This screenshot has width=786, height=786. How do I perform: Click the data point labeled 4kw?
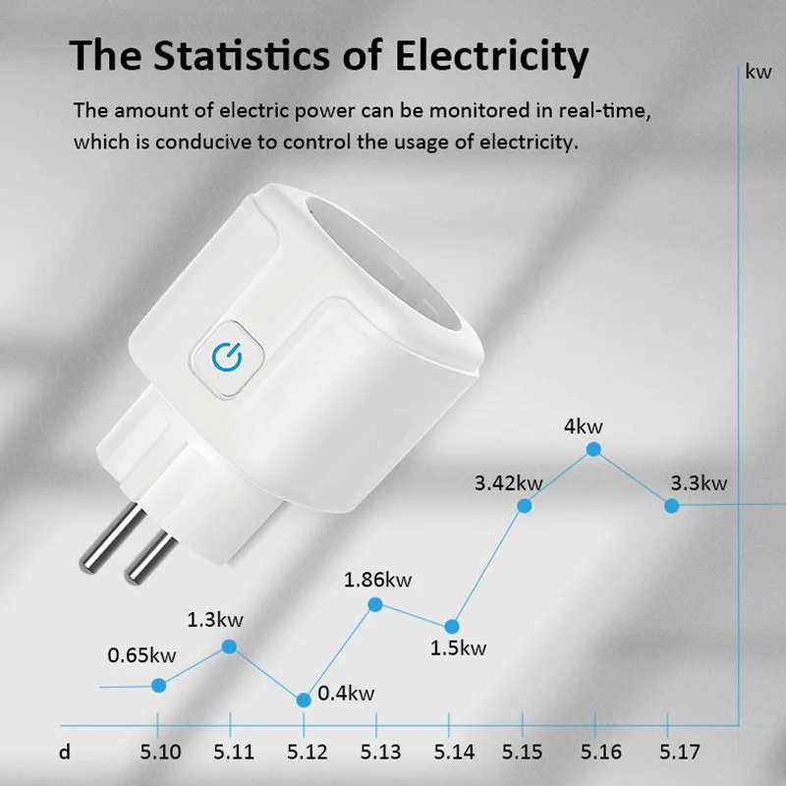point(594,449)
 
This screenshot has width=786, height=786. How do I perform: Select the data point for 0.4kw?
point(304,699)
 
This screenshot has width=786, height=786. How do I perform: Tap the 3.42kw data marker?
point(525,505)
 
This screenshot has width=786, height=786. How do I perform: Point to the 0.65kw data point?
point(159,684)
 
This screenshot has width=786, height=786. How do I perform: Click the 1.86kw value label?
point(377,579)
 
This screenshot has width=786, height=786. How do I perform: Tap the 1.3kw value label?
point(215,620)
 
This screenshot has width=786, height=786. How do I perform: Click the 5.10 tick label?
point(160,753)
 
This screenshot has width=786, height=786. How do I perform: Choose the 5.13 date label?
point(379,753)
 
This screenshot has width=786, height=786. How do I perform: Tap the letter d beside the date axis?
point(65,753)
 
